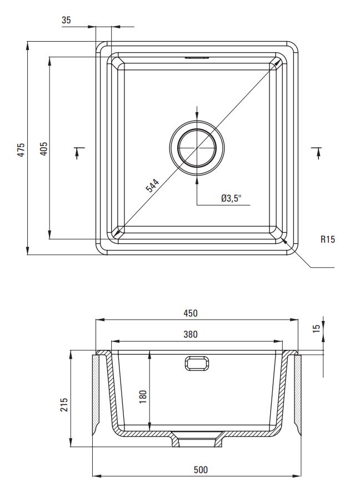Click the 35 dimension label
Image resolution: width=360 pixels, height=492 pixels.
pyautogui.click(x=67, y=20)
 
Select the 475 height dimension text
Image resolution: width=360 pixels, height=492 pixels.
pyautogui.click(x=21, y=150)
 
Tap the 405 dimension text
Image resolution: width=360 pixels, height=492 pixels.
pyautogui.click(x=44, y=149)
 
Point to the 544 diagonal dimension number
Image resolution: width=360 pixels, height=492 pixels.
pyautogui.click(x=153, y=185)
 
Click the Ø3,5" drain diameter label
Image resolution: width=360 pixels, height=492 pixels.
pyautogui.click(x=232, y=198)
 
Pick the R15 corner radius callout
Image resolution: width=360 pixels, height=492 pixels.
pyautogui.click(x=328, y=239)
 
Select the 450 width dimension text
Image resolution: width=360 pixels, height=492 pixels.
pyautogui.click(x=191, y=313)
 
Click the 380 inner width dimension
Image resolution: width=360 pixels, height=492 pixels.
pyautogui.click(x=191, y=334)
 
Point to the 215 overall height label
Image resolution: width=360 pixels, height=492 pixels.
pyautogui.click(x=64, y=405)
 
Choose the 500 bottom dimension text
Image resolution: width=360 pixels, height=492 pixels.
pyautogui.click(x=201, y=470)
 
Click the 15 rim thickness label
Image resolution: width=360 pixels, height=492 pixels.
pyautogui.click(x=317, y=328)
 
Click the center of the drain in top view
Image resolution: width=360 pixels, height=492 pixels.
pyautogui.click(x=197, y=148)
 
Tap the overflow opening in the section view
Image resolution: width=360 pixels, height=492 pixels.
pyautogui.click(x=197, y=363)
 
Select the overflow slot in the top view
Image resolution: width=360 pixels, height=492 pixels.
pyautogui.click(x=197, y=57)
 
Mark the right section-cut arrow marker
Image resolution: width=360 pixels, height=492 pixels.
pyautogui.click(x=318, y=153)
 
